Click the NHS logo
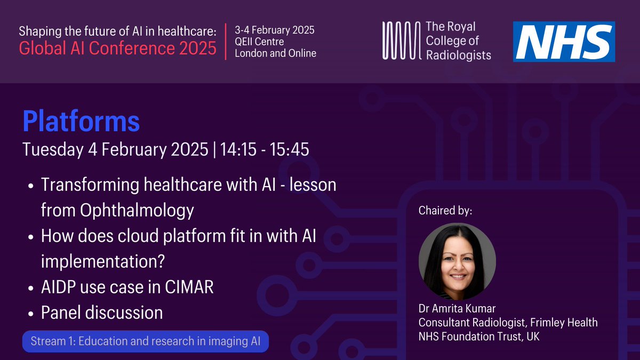click(x=564, y=41)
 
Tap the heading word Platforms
click(x=81, y=122)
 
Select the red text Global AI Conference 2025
click(x=118, y=49)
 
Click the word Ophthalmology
click(x=117, y=211)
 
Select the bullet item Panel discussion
click(x=102, y=313)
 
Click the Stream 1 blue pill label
click(x=146, y=342)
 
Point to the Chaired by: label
click(x=446, y=211)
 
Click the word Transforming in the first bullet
click(x=87, y=186)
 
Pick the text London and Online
click(x=275, y=53)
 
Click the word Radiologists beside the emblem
click(x=458, y=54)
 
